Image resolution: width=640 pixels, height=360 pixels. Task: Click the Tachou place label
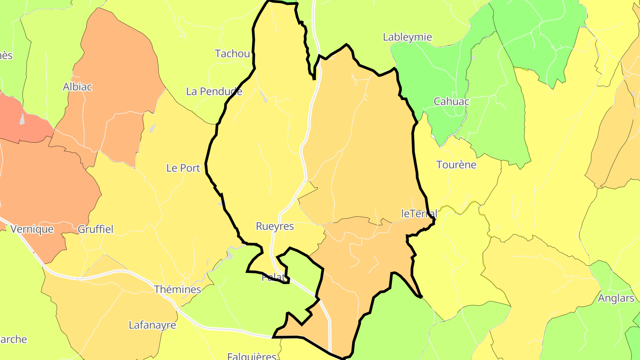click(232, 54)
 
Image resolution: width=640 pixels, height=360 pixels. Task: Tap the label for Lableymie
click(407, 37)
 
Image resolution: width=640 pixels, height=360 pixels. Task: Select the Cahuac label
click(452, 101)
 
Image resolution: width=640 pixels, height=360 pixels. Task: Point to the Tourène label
click(456, 165)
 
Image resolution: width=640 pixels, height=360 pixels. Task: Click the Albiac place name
click(77, 87)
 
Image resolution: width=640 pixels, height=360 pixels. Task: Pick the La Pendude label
click(214, 92)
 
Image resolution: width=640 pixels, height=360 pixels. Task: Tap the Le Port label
click(183, 168)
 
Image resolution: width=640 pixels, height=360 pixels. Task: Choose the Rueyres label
click(275, 226)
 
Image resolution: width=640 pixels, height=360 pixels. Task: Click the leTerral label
click(419, 213)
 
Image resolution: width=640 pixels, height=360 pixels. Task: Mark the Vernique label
click(32, 229)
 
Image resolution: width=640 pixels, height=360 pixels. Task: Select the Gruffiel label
click(96, 229)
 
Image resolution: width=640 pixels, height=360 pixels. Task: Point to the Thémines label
click(177, 290)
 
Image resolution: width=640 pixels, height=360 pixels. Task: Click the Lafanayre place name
click(152, 325)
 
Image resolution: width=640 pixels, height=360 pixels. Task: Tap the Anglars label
click(616, 298)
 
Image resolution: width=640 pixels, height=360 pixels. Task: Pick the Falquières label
click(252, 356)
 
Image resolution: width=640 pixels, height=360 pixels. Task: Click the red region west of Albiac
click(22, 120)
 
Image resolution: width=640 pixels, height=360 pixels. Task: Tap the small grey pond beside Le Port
click(152, 128)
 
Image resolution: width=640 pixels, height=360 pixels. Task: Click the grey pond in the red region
click(22, 119)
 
